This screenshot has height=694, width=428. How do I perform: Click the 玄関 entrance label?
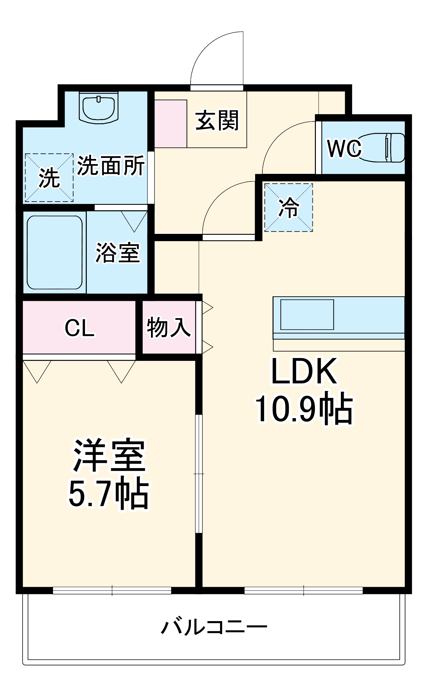[217, 121]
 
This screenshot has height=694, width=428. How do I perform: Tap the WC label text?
[344, 149]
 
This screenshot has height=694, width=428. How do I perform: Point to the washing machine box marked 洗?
[49, 177]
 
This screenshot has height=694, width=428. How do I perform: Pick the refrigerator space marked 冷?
[288, 207]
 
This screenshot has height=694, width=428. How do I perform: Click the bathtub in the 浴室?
[54, 252]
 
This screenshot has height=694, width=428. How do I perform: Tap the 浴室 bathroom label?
[118, 253]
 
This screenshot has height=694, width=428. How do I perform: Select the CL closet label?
[79, 328]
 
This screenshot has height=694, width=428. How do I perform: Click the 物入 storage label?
[169, 327]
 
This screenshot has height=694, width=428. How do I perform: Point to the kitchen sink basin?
[307, 315]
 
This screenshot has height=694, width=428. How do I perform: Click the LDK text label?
[304, 371]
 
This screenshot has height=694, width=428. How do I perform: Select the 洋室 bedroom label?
[109, 456]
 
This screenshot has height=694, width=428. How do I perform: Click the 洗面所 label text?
[110, 166]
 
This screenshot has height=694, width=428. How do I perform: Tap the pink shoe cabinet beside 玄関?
[170, 124]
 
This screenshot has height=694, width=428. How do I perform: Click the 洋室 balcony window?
[112, 590]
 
